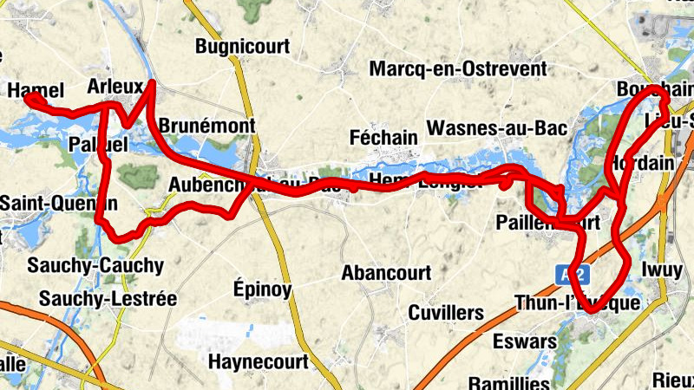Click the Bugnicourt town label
pyautogui.click(x=242, y=46)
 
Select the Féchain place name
pyautogui.click(x=383, y=137)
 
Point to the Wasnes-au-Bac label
pyautogui.click(x=498, y=128)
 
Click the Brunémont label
pyautogui.click(x=207, y=124)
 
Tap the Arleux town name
pyautogui.click(x=115, y=86)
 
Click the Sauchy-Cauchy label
pyautogui.click(x=95, y=264)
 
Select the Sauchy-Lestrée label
pyautogui.click(x=108, y=299)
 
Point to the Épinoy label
pyautogui.click(x=263, y=289)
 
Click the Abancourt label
pyautogui.click(x=386, y=273)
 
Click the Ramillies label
pyautogui.click(x=509, y=382)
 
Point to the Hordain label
pyautogui.click(x=643, y=163)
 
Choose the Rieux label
pyautogui.click(x=674, y=378)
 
